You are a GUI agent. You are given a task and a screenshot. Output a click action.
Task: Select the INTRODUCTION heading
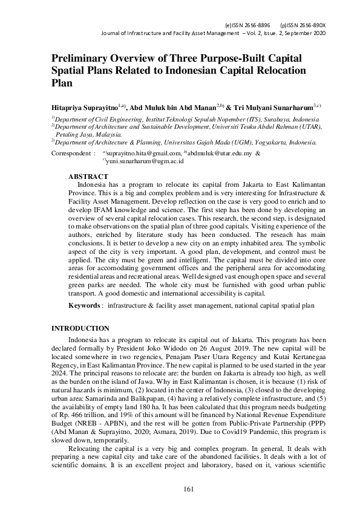click(x=81, y=328)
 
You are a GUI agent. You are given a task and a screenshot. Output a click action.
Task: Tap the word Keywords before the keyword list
click(x=84, y=306)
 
